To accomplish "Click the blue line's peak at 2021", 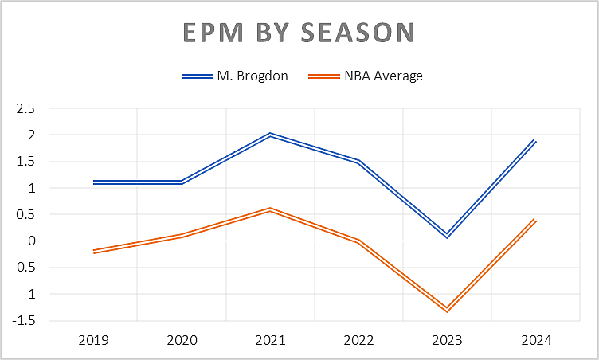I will click(270, 135).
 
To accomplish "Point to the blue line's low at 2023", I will click(447, 236).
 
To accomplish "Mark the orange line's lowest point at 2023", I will click(447, 310).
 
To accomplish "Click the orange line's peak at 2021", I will click(270, 210).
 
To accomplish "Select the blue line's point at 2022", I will click(358, 162).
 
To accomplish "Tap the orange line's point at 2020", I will click(182, 236).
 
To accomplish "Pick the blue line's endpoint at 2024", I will click(535, 141).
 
